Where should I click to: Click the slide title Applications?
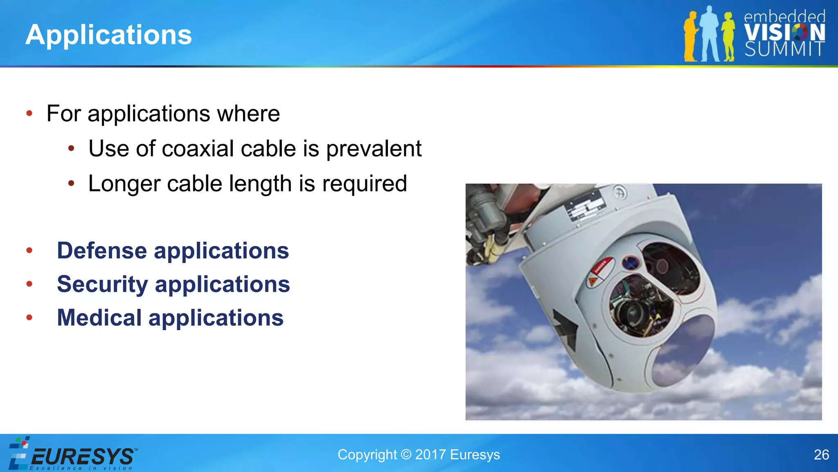coord(108,35)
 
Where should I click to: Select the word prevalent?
coord(374,148)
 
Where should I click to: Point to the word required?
coord(365,184)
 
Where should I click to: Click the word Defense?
coord(102,251)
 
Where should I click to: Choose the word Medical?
coord(99,318)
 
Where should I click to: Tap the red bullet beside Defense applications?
coord(29,250)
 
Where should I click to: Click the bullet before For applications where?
coord(29,113)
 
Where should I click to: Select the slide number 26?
coord(821,455)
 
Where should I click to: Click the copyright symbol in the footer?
coord(406,455)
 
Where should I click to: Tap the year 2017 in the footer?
coord(430,455)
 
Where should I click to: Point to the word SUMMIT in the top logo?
coord(784,49)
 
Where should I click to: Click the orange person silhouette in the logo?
coord(691,37)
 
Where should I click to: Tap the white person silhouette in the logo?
coord(710,35)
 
